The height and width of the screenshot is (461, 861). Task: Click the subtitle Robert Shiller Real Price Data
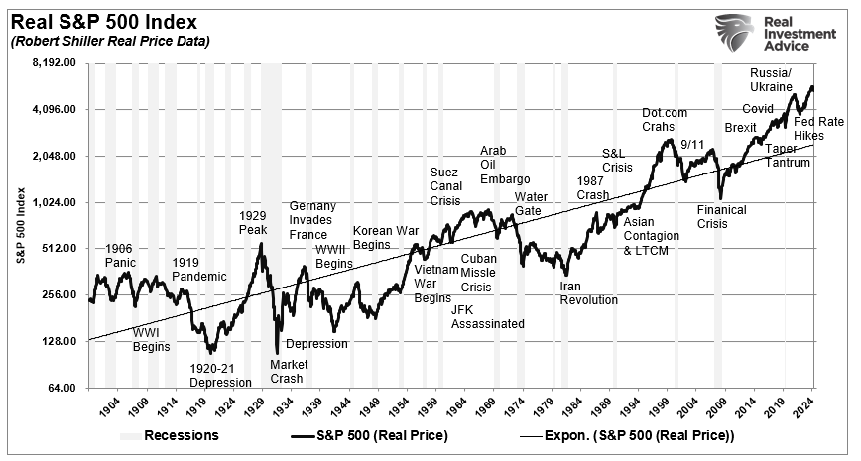[x=110, y=41]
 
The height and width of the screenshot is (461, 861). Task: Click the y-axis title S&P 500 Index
[x=20, y=225]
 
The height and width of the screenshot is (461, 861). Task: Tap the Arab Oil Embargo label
[x=492, y=165]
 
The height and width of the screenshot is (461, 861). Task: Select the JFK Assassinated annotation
[x=487, y=316]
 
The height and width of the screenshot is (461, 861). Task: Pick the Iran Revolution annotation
[x=588, y=292]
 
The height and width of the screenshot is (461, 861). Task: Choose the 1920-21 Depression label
[x=220, y=375]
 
